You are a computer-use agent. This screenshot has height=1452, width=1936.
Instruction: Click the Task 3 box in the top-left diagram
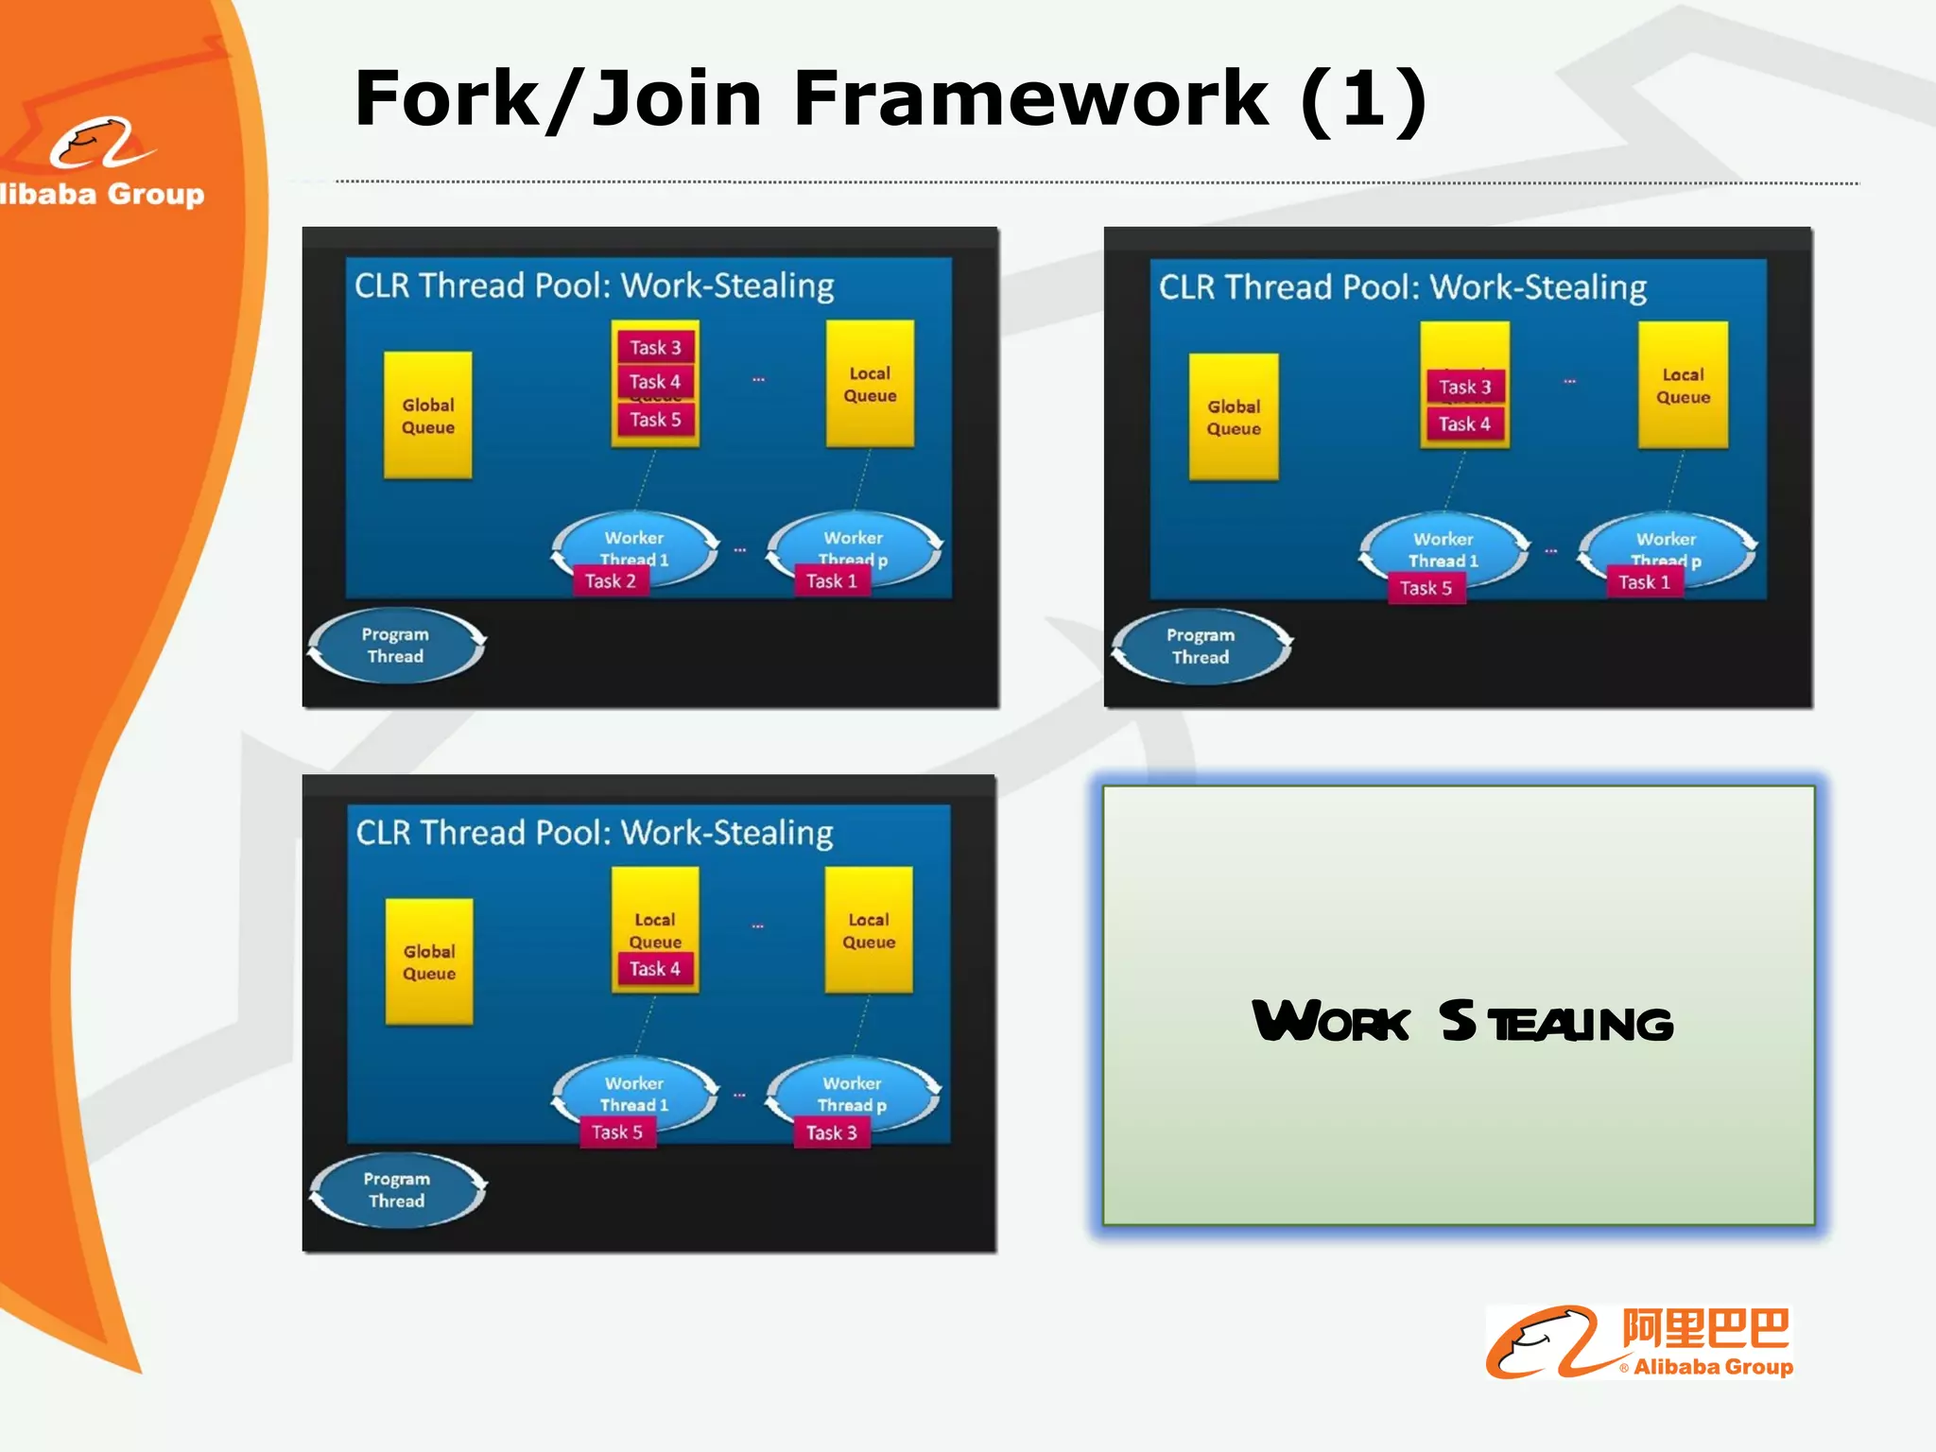click(655, 347)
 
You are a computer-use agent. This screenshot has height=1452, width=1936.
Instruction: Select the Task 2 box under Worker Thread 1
click(611, 580)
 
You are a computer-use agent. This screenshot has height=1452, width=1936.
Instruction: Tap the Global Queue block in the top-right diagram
click(1234, 417)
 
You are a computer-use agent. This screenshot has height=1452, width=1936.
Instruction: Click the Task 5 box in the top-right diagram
click(1426, 588)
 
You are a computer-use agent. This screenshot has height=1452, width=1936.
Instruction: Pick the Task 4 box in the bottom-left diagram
click(654, 968)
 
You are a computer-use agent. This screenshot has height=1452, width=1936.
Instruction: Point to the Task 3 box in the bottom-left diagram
click(831, 1132)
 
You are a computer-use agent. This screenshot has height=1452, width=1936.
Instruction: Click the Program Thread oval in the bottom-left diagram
click(397, 1190)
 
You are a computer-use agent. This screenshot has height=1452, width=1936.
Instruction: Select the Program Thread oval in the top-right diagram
click(1201, 647)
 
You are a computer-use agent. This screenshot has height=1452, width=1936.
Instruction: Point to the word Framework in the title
click(1030, 98)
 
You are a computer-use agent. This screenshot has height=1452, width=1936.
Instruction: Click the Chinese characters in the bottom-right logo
click(1705, 1328)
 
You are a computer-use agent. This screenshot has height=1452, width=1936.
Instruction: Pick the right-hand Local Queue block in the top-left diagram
click(870, 384)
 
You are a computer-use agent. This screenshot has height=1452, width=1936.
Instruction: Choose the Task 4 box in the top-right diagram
click(1464, 423)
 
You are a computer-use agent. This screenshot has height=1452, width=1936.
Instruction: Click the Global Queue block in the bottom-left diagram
click(429, 962)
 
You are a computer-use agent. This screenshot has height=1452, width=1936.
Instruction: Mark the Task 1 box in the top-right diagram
click(1644, 582)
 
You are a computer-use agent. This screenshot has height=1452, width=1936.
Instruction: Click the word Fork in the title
click(446, 98)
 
